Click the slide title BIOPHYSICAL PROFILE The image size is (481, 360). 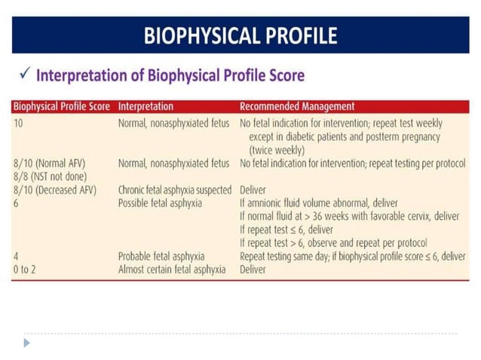coord(240,35)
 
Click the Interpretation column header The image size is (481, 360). coord(146,107)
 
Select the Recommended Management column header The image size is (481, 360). coord(297,107)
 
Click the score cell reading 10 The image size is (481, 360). coord(19,123)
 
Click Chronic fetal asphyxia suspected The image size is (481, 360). coord(175,190)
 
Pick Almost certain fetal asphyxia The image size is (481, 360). coord(172,269)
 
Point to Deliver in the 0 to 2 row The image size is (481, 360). coord(253,269)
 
